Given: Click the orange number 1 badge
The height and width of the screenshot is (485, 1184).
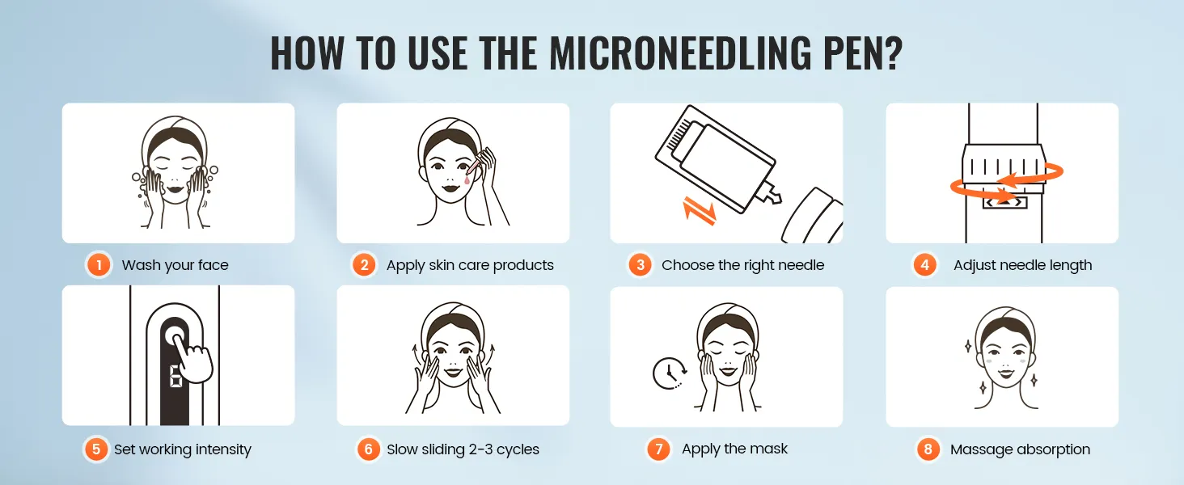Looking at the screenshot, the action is (99, 264).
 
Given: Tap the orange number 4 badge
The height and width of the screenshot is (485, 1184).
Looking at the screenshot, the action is (924, 264).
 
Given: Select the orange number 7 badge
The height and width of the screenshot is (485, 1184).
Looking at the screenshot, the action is (658, 449).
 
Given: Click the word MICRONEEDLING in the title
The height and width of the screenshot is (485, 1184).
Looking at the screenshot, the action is (679, 53).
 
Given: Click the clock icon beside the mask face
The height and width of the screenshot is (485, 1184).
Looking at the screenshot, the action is (670, 373).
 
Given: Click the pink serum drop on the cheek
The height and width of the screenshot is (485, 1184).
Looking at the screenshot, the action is (467, 179).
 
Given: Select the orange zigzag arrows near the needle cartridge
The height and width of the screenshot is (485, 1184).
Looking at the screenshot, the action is (699, 210).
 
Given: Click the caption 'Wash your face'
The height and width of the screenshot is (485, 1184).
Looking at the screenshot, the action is (175, 265).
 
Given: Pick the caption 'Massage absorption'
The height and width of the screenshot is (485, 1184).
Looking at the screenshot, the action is (1020, 449).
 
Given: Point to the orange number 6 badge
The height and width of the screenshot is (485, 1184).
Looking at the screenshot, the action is (369, 449).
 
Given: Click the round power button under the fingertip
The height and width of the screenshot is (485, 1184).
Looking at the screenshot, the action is (175, 336).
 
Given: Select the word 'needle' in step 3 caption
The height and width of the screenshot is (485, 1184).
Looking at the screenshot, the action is (800, 264).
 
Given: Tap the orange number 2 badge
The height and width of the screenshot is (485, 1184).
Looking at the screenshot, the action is (364, 264).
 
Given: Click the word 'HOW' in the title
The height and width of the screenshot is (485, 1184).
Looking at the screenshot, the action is (307, 53).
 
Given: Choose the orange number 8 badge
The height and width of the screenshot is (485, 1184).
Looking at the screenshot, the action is (928, 449).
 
